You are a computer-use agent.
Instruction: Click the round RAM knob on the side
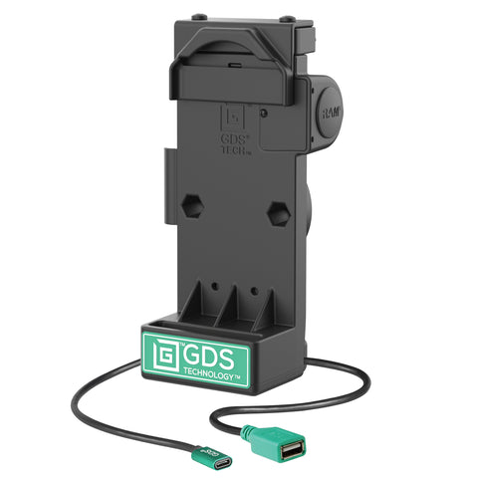pos(327,110)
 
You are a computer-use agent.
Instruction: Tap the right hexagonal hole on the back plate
pos(279,213)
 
